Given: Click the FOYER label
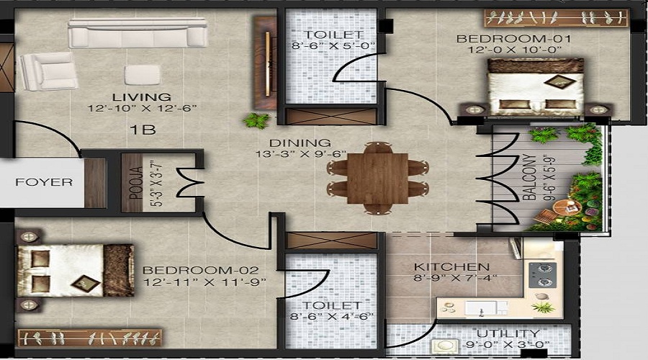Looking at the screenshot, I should pyautogui.click(x=44, y=182).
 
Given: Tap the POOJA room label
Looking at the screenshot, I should pyautogui.click(x=132, y=183).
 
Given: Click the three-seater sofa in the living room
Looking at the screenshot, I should pyautogui.click(x=138, y=34).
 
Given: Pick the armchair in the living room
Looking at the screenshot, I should pyautogui.click(x=47, y=71).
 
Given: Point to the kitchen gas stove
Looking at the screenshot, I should pyautogui.click(x=542, y=273).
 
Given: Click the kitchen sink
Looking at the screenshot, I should pyautogui.click(x=476, y=308).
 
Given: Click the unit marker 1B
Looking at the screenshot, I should pyautogui.click(x=143, y=130).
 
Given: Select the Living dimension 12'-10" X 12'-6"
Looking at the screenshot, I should pyautogui.click(x=142, y=109).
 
